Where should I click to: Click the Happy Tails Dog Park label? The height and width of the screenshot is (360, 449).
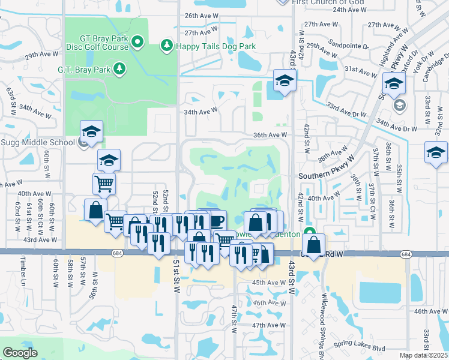pos(215,46)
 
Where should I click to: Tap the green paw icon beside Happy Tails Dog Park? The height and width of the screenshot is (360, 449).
pos(166,46)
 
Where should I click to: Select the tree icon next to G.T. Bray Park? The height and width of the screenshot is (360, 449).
pos(119,68)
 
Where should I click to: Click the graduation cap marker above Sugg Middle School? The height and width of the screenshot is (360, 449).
pos(92,132)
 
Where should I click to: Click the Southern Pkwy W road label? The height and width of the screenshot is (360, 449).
pos(327,176)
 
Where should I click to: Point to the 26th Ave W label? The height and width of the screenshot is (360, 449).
pos(200,16)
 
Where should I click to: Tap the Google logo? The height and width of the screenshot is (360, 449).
pos(20,353)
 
